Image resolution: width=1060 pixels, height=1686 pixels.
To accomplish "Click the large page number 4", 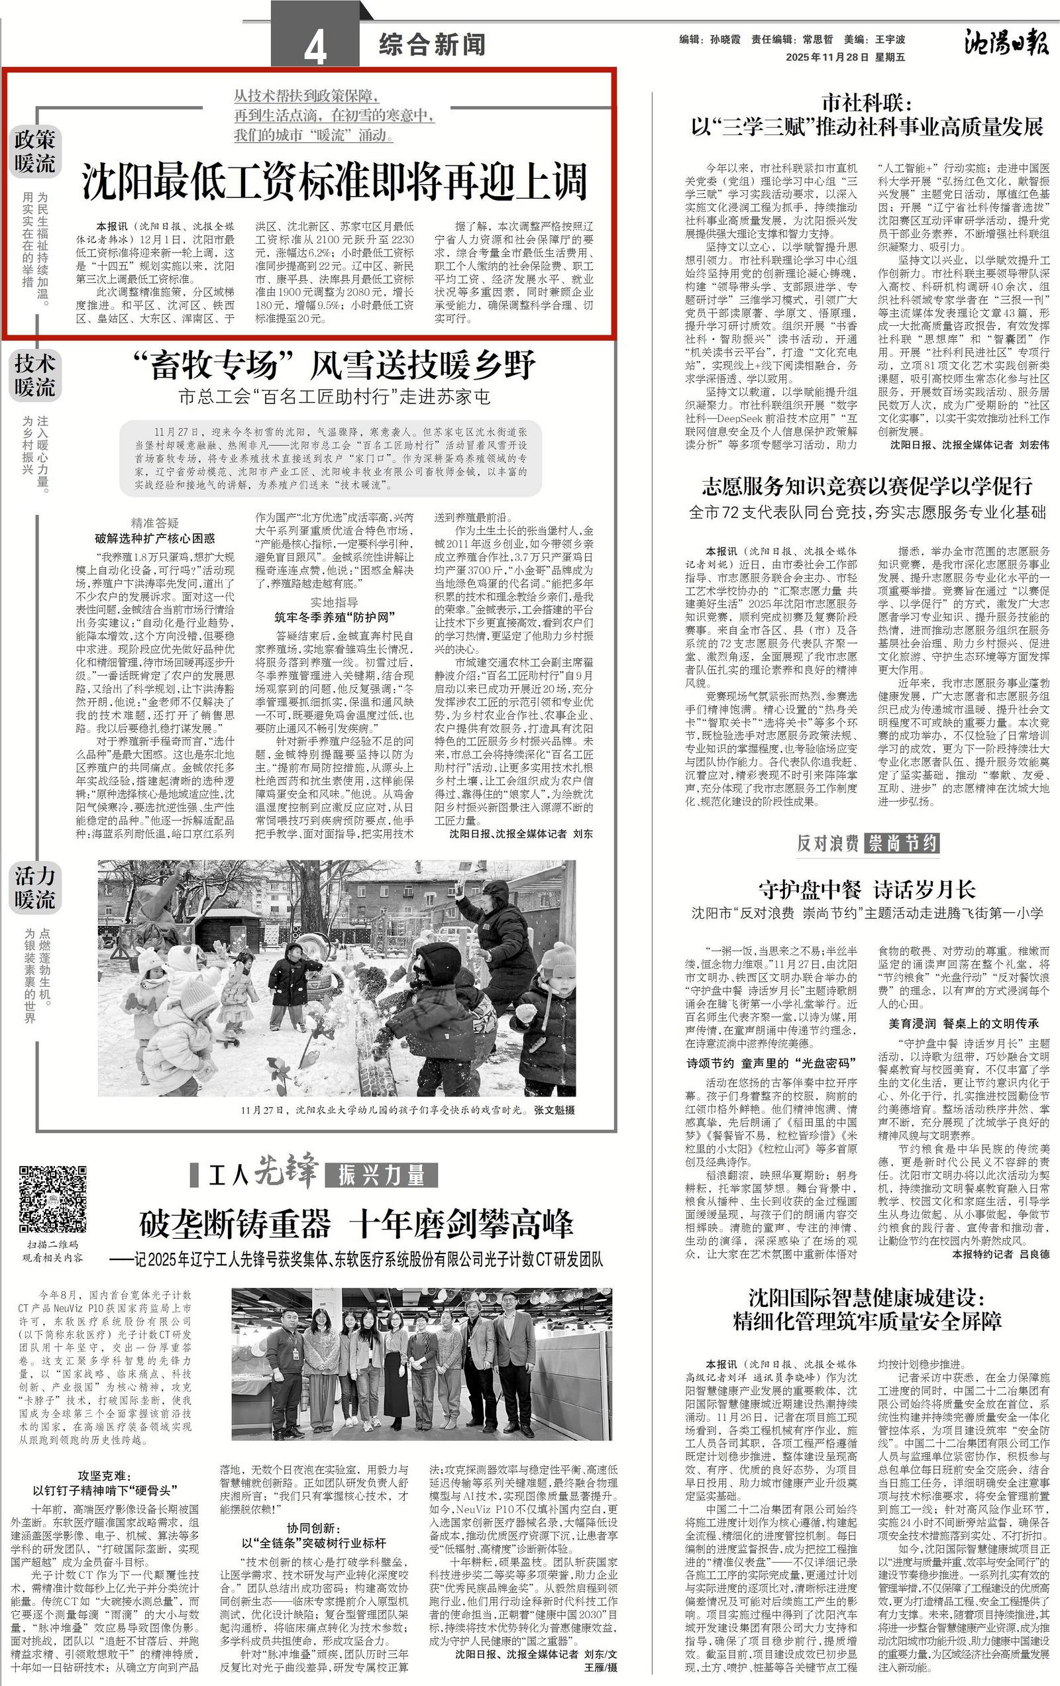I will click(x=316, y=49).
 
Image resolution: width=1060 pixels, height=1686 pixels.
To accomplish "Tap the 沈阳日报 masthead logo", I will click(x=1006, y=44).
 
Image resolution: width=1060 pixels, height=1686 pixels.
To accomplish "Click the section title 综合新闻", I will click(x=432, y=46).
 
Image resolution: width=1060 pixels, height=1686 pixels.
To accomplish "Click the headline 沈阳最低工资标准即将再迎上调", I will click(x=334, y=183).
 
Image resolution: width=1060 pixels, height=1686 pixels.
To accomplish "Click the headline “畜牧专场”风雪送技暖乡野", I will click(x=333, y=365).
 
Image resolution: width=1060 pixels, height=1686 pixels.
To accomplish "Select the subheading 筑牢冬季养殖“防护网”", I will click(x=333, y=617).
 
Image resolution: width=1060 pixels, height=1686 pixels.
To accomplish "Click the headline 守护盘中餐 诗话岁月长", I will click(x=867, y=890).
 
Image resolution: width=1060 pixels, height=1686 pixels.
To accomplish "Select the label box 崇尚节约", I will click(x=902, y=843).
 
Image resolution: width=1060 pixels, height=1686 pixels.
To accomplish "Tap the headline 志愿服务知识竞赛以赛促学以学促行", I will click(x=867, y=485).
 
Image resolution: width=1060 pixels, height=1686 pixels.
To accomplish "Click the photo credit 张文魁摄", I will click(x=554, y=1110).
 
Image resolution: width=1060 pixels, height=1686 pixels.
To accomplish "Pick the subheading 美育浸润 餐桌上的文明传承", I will click(x=963, y=1024).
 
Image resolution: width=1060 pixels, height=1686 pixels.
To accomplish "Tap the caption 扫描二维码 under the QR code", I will click(x=53, y=1244).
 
